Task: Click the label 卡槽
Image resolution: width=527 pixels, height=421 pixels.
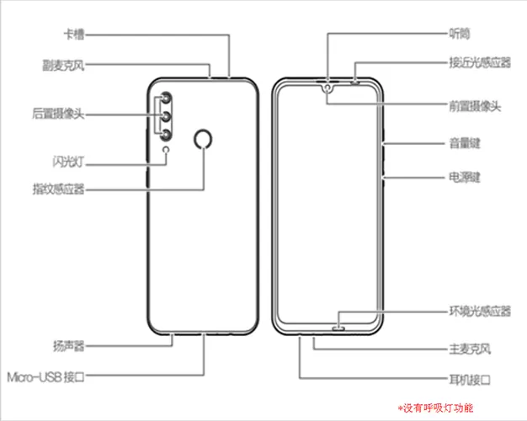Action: [x=74, y=35]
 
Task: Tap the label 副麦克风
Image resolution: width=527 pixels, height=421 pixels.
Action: [x=63, y=65]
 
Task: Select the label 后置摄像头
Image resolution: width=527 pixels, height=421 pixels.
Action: [x=58, y=114]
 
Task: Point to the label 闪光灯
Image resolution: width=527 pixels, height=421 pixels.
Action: [x=68, y=162]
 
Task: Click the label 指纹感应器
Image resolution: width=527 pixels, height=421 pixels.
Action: [x=58, y=189]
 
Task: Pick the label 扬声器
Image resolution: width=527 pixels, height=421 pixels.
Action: [x=68, y=346]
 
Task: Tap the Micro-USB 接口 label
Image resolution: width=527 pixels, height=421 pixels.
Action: [x=45, y=377]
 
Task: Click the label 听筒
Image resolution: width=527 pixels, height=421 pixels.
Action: [x=460, y=34]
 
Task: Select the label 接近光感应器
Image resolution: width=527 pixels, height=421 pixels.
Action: [x=480, y=62]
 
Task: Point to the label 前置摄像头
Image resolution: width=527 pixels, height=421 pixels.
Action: [x=475, y=106]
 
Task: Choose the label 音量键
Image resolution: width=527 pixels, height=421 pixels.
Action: [x=465, y=143]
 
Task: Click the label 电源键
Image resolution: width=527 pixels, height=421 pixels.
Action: [x=465, y=177]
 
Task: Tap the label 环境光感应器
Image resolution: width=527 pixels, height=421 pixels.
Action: [x=480, y=311]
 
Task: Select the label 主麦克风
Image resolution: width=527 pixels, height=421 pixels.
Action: [x=470, y=349]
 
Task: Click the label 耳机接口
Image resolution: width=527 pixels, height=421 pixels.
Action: [x=470, y=380]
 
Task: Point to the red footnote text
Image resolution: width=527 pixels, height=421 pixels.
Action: [x=435, y=408]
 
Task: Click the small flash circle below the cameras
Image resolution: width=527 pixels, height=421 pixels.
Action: [x=166, y=149]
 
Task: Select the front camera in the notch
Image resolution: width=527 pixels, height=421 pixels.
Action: [x=327, y=88]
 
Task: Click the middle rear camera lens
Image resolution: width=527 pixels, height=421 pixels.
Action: [x=166, y=117]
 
